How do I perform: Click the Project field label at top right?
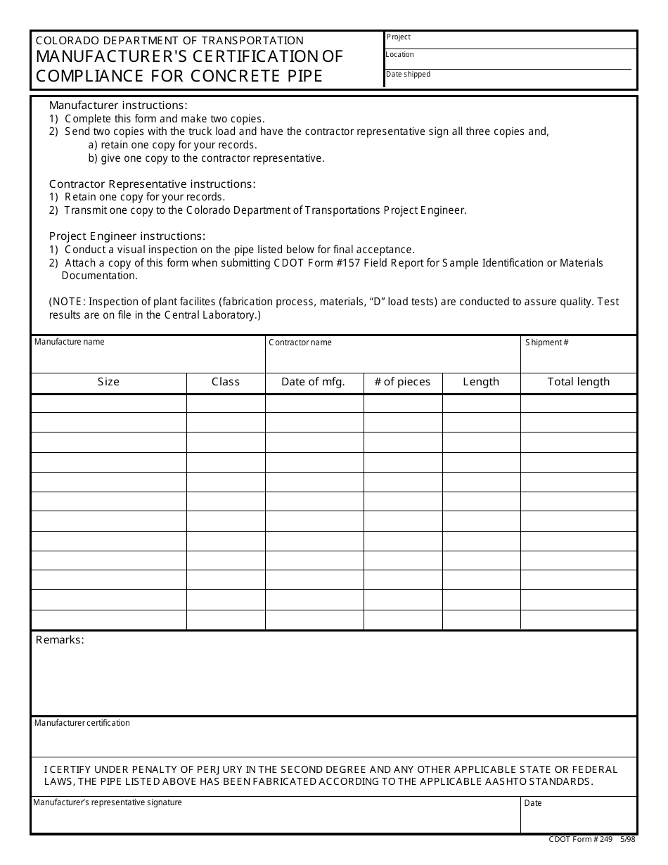point(399,37)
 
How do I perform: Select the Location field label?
point(400,55)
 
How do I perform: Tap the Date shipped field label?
point(408,75)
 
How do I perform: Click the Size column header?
point(108,382)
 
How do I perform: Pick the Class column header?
point(226,382)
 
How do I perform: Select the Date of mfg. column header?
point(313,382)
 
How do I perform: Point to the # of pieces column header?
point(402,382)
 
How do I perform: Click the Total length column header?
point(579,382)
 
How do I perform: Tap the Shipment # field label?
point(546,342)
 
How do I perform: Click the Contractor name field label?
point(300,342)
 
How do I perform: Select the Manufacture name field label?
point(70,342)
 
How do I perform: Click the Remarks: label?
point(60,640)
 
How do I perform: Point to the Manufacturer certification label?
point(82,723)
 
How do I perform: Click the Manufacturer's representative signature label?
point(108,802)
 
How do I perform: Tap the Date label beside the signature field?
point(533,803)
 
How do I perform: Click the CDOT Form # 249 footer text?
point(580,840)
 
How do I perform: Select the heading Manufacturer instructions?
point(118,105)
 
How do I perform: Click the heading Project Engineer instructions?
point(127,236)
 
